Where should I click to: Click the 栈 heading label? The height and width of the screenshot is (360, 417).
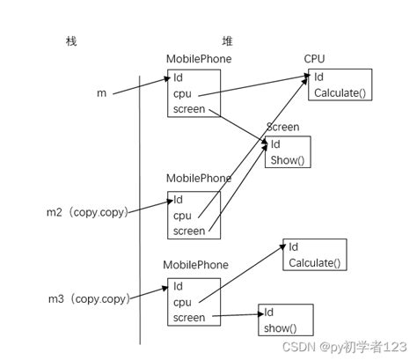click(x=71, y=41)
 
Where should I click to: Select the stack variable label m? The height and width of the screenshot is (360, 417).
click(x=103, y=92)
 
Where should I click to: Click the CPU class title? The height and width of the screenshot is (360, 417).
click(x=314, y=59)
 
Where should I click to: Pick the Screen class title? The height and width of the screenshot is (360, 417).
click(x=282, y=128)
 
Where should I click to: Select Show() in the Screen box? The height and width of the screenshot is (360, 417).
click(x=286, y=160)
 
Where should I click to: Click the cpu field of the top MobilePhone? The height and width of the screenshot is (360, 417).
click(x=182, y=93)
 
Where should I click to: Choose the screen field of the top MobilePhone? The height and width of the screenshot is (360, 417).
click(x=189, y=109)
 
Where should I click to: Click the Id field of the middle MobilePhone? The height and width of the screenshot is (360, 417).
click(x=179, y=199)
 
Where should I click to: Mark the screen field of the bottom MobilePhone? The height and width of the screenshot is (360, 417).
click(x=189, y=318)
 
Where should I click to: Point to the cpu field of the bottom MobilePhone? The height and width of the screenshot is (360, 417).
click(x=182, y=302)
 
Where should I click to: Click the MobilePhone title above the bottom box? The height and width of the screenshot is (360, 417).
click(x=196, y=265)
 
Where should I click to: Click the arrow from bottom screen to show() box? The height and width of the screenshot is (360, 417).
click(x=232, y=315)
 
